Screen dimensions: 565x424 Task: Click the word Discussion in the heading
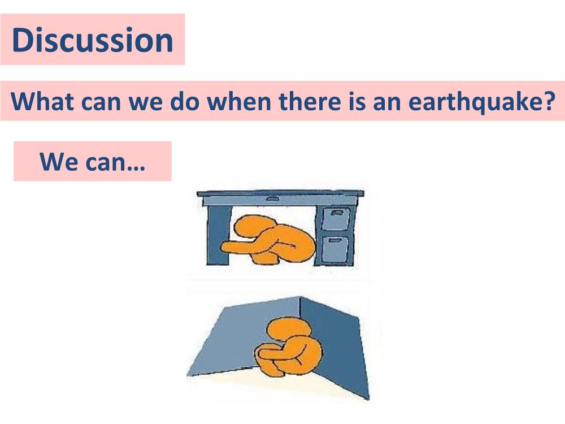[92, 40]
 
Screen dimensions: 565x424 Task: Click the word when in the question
[239, 101]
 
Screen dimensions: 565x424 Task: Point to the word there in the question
[310, 101]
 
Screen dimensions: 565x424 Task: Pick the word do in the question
[185, 101]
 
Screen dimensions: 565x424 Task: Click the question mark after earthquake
[548, 101]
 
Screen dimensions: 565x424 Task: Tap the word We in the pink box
[58, 162]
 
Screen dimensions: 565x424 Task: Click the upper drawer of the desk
[336, 218]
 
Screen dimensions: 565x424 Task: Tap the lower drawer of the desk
[336, 249]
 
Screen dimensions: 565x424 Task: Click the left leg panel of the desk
[218, 235]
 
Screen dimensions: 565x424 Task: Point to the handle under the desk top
[273, 198]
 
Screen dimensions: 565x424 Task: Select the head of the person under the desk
[254, 227]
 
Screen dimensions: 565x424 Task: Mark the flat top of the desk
[280, 194]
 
